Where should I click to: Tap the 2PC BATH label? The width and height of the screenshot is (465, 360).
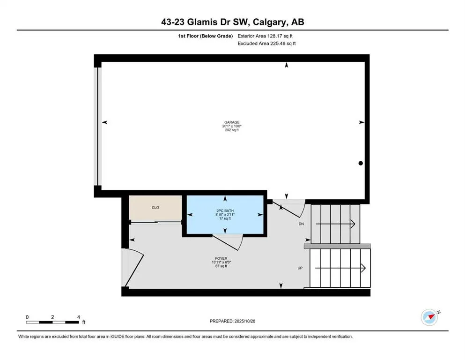coord(227,210)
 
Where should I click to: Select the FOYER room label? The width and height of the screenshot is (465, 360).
coord(221,258)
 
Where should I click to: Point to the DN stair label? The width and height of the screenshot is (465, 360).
coord(301,224)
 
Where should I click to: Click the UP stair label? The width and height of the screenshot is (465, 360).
coord(301,268)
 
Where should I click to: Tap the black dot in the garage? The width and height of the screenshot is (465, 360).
coord(361,163)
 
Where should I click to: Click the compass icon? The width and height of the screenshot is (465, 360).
coord(429,317)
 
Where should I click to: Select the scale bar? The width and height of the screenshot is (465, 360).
coord(52,322)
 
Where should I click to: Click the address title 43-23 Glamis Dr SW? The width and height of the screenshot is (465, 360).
coord(232,22)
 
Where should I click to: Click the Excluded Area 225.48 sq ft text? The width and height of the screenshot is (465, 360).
coord(267,43)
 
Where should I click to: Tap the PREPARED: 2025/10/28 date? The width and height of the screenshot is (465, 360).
coord(232,321)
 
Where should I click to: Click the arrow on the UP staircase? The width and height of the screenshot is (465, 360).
coord(340,268)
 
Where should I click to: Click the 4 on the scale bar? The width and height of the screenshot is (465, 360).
coord(78,317)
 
